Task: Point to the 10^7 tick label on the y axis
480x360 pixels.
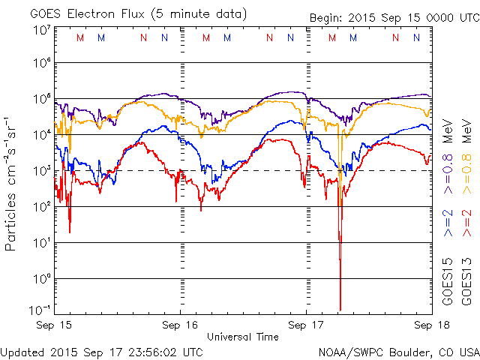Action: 41,30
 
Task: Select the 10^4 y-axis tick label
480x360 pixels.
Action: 41,134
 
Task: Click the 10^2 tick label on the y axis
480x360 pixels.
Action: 41,206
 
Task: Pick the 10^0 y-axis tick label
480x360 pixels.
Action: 41,278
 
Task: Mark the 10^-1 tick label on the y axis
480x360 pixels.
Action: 41,310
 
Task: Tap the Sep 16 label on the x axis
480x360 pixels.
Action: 181,325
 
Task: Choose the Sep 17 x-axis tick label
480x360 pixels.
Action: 306,325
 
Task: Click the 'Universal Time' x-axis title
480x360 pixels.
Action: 243,337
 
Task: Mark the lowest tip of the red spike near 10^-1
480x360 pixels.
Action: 340,310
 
